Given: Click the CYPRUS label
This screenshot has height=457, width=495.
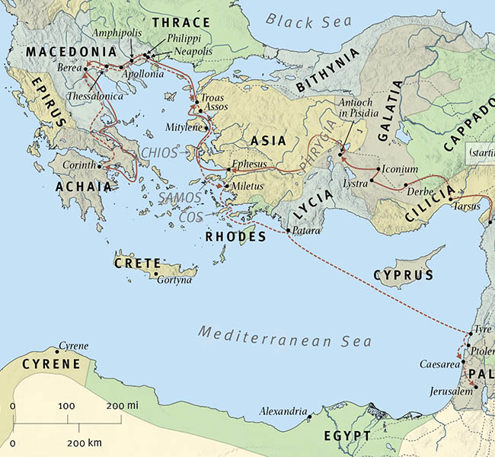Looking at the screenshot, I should [x=404, y=275].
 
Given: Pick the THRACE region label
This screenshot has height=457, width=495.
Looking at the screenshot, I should [x=180, y=24].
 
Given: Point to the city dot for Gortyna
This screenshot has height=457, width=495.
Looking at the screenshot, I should [x=156, y=274].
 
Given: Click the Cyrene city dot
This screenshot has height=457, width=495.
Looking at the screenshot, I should [x=57, y=352].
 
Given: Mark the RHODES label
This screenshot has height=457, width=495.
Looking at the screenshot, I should [x=236, y=237].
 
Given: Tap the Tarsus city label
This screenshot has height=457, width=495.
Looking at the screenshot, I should [x=467, y=206].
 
